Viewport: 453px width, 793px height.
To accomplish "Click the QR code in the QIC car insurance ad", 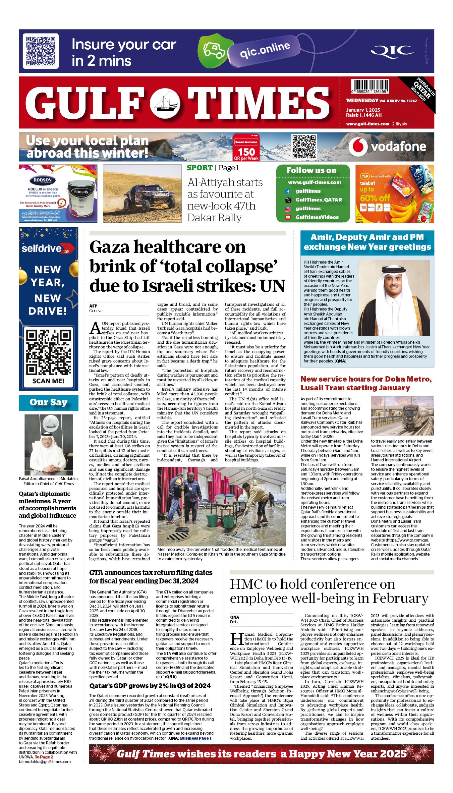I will pyautogui.click(x=41, y=51).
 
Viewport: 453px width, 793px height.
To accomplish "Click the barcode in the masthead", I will pyautogui.click(x=370, y=87).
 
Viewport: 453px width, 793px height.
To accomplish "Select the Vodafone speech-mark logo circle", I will pyautogui.click(x=357, y=147).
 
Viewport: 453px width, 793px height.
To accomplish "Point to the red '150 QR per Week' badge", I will pyautogui.click(x=246, y=148).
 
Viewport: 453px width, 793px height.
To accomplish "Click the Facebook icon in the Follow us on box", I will pyautogui.click(x=288, y=191).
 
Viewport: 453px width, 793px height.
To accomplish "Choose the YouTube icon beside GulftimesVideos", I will pyautogui.click(x=288, y=217).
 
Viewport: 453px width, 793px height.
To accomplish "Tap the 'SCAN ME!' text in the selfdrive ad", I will pyautogui.click(x=48, y=381).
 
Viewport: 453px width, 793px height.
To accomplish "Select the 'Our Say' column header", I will pyautogui.click(x=49, y=402).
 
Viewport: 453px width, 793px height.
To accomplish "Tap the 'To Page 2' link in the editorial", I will pyautogui.click(x=44, y=757).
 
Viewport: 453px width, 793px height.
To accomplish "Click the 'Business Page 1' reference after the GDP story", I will pyautogui.click(x=196, y=738).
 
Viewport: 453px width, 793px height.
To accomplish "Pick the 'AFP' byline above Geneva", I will pyautogui.click(x=93, y=306).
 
